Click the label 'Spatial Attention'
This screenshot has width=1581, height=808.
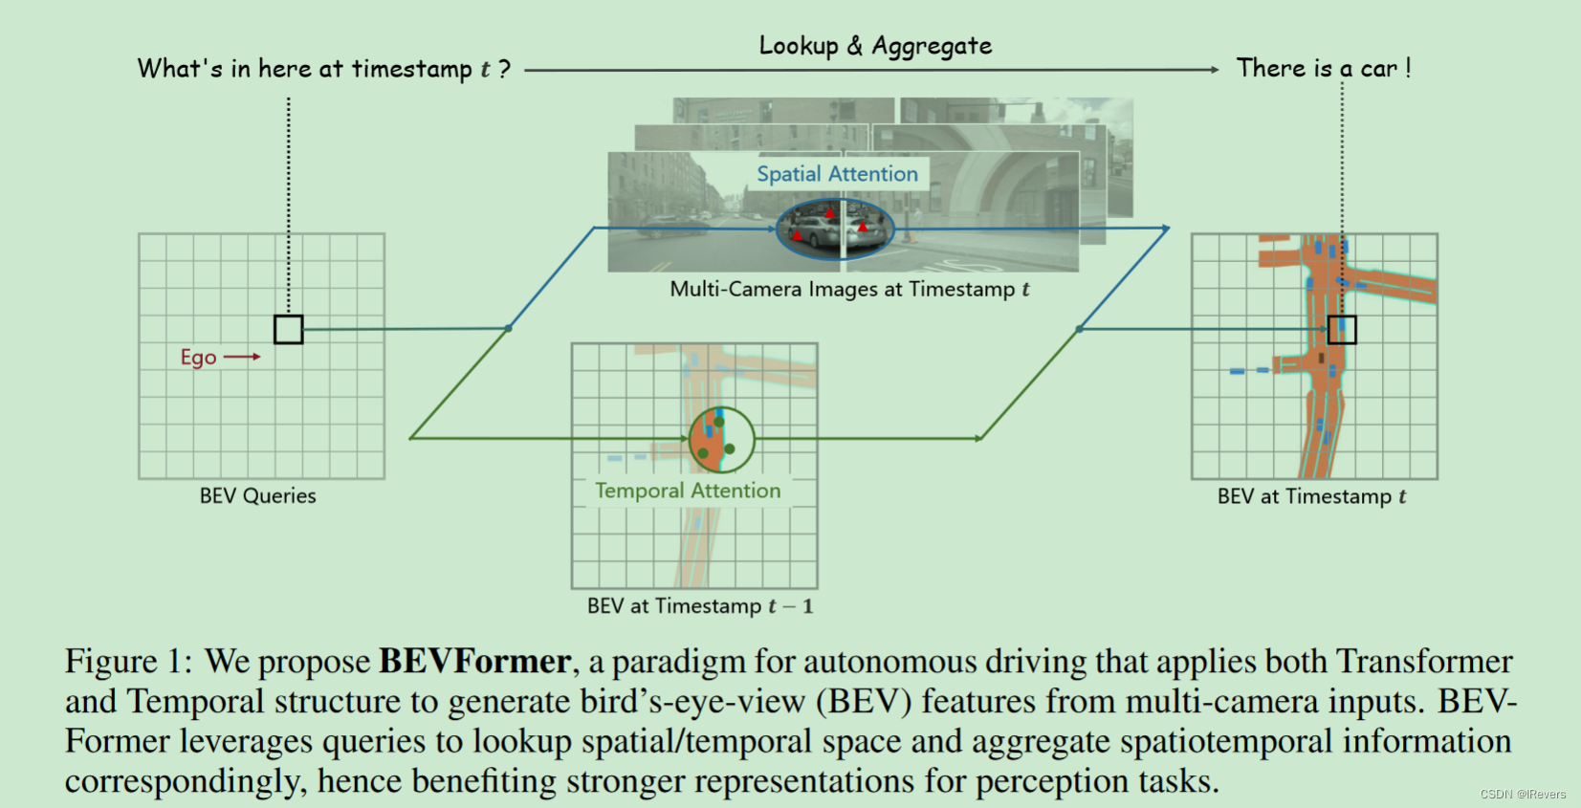[837, 174]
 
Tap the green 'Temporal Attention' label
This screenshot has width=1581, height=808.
[688, 491]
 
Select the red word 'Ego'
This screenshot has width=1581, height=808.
[198, 358]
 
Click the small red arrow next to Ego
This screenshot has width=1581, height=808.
[243, 357]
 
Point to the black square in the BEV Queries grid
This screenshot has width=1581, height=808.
[288, 329]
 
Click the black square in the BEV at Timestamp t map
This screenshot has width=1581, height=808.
[1342, 329]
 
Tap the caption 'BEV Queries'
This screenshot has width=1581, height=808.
[257, 496]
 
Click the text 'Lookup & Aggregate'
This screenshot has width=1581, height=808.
[875, 46]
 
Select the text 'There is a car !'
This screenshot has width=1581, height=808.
[1324, 68]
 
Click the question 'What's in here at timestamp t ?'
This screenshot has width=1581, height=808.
[324, 69]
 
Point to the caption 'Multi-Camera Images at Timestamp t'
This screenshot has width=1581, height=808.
[849, 289]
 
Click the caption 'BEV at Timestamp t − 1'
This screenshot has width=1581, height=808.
[699, 606]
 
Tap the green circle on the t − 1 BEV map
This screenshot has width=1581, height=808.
[722, 440]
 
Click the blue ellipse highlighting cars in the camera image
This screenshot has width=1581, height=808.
[834, 229]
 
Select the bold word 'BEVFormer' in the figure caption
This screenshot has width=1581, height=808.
[475, 662]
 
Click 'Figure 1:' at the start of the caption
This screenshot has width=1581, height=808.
[128, 662]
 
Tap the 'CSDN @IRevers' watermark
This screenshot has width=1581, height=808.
[1523, 795]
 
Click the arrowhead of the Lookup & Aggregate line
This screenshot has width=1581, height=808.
[1215, 70]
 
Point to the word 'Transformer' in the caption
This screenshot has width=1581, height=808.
[1424, 662]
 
